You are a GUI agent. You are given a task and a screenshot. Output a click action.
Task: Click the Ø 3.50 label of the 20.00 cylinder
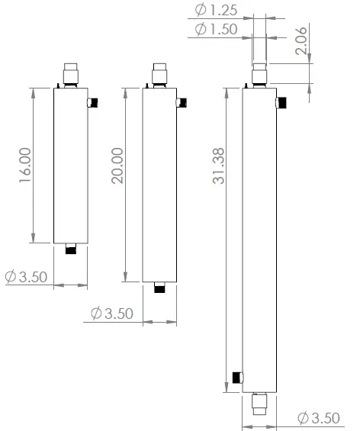(112, 314)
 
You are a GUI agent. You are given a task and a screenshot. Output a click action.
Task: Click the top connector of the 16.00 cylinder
(71, 75)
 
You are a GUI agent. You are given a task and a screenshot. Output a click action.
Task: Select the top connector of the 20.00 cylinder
(160, 75)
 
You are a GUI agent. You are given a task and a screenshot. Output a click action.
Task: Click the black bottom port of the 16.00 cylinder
(71, 249)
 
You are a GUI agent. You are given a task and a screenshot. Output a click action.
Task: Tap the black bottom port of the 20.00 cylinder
(160, 287)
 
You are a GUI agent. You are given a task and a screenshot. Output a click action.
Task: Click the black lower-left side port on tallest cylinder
(237, 377)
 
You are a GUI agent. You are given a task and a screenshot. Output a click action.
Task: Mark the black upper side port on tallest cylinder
(282, 102)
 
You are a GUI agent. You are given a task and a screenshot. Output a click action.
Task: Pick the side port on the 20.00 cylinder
(182, 102)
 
